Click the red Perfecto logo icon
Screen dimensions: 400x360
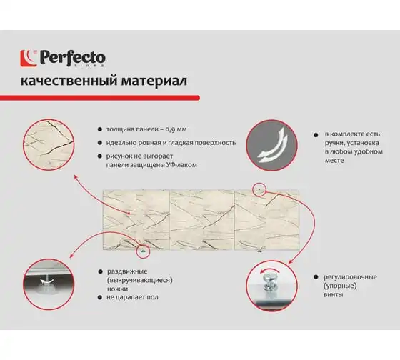[x=29, y=59]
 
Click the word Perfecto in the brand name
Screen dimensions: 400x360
[x=72, y=58]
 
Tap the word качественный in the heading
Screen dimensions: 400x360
[x=69, y=81]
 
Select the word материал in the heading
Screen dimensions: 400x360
[x=154, y=81]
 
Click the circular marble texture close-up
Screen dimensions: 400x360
[x=49, y=145]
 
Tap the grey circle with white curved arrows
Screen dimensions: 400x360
[x=272, y=146]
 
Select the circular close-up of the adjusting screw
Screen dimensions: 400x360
[x=272, y=286]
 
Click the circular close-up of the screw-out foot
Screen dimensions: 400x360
[x=49, y=284]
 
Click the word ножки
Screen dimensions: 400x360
[x=117, y=289]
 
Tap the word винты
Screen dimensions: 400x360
[x=333, y=295]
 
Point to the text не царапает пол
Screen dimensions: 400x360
[x=132, y=297]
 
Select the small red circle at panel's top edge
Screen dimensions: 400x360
[x=259, y=189]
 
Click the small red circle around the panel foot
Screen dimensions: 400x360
[x=144, y=251]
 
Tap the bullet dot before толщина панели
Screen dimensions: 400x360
[x=100, y=129]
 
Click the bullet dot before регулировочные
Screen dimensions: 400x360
[x=316, y=277]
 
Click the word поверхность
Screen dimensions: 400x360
[x=215, y=143]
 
